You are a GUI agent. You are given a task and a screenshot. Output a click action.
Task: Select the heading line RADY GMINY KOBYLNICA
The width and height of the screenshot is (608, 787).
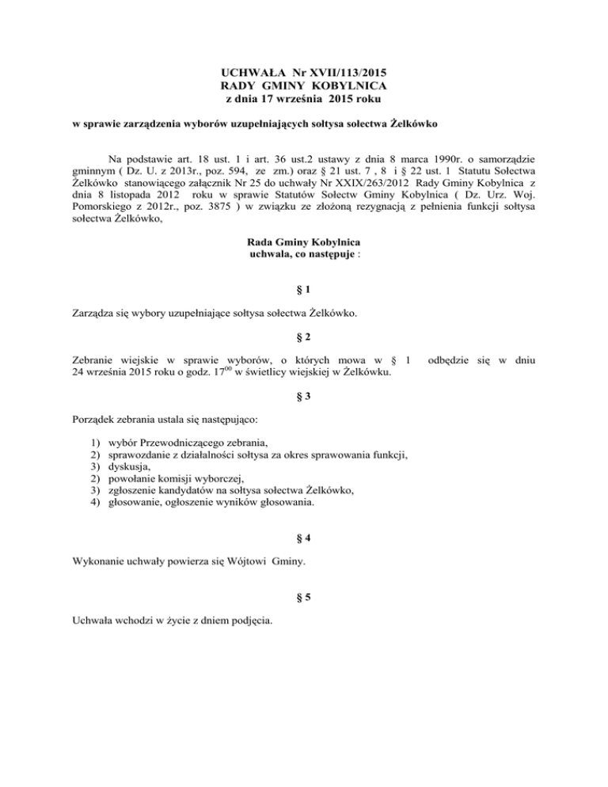point(304,86)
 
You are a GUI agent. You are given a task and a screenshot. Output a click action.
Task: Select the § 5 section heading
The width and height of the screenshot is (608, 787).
point(304,599)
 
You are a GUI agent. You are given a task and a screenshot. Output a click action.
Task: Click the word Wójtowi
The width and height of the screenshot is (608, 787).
point(230,563)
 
